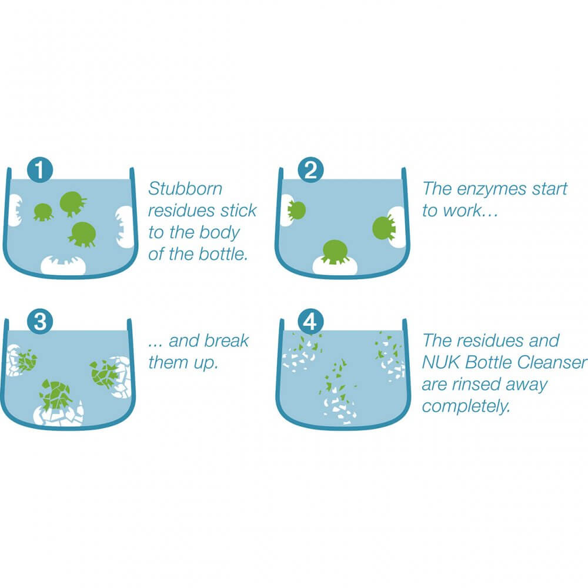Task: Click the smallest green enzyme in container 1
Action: tap(43, 211)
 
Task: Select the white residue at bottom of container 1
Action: tap(63, 266)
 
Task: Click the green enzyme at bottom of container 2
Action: tap(333, 250)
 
